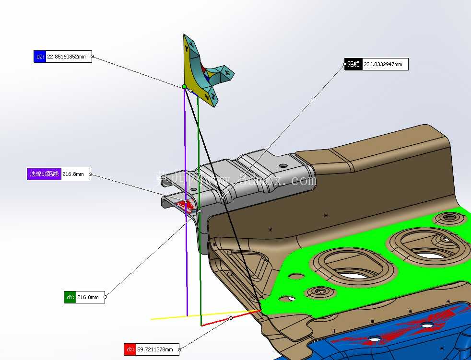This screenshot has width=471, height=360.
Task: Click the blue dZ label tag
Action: (40, 57)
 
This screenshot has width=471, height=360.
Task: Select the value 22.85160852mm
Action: (66, 57)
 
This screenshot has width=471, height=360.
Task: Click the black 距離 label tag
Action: (353, 64)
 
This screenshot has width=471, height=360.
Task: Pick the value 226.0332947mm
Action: (383, 64)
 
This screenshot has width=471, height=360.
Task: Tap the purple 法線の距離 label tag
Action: (44, 174)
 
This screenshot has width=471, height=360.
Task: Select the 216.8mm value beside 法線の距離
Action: (73, 174)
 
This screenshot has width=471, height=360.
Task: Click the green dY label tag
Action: (70, 297)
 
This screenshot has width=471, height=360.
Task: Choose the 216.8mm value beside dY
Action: (88, 297)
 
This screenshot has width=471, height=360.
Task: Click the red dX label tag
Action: (130, 349)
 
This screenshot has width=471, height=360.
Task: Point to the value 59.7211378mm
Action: (155, 349)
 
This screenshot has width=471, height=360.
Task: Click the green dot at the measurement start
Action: (184, 87)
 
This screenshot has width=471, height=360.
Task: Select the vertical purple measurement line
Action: (186, 202)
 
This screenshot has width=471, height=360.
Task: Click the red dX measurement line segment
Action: (231, 318)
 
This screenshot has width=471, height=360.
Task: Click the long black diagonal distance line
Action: (223, 198)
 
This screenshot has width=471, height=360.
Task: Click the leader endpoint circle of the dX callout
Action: (180, 349)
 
